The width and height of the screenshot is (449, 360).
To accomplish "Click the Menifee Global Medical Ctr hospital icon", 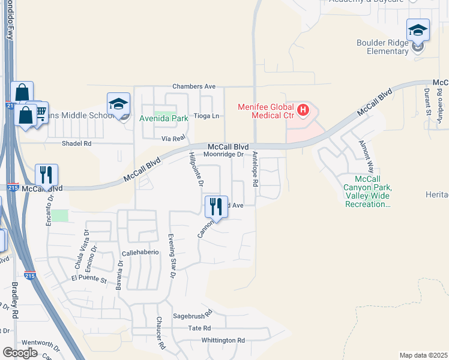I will click(x=304, y=110).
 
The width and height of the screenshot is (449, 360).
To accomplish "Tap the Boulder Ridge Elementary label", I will click(x=391, y=47).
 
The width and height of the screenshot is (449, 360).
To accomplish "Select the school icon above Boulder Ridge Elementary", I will click(x=418, y=30).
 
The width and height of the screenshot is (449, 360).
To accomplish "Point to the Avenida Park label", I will click(x=164, y=118).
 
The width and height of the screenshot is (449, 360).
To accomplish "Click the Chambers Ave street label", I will click(x=193, y=86).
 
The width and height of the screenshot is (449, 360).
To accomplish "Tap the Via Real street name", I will click(x=171, y=138).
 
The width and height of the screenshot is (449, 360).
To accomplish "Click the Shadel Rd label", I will click(x=77, y=144).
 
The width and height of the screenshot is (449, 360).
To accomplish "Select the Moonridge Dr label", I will click(x=223, y=154).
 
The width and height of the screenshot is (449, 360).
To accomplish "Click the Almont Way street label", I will click(x=366, y=157).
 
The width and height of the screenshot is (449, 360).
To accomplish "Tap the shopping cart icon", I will click(x=40, y=112).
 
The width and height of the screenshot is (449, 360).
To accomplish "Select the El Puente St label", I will click(x=88, y=279).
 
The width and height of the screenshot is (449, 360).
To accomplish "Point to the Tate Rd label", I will click(x=199, y=328).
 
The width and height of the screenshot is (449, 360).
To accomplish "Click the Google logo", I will click(x=20, y=353).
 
